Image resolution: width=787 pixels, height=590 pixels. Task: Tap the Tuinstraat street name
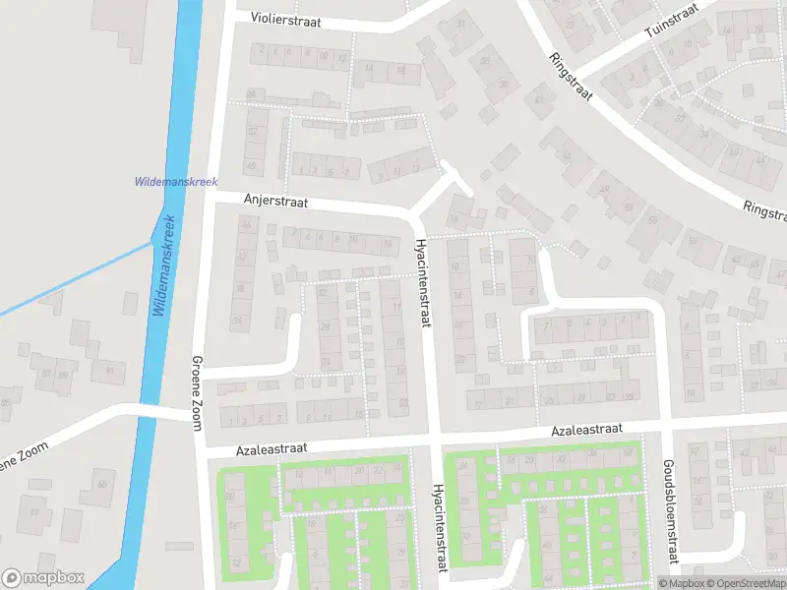coord(671,20)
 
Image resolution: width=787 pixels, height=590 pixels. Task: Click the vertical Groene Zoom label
coord(197,391)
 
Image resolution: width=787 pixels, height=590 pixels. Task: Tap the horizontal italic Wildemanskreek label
coord(175,182)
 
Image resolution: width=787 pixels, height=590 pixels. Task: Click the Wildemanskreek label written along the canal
coord(163,265)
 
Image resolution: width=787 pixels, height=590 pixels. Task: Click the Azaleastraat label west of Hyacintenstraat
coord(272,448)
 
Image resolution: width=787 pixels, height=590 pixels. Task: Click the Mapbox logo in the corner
coord(42,577)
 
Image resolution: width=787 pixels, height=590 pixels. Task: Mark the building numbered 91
coord(109,371)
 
